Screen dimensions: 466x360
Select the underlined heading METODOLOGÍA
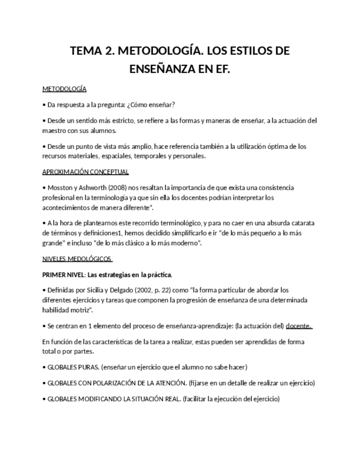coord(64,89)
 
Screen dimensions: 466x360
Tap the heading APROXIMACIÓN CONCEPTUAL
coord(85,172)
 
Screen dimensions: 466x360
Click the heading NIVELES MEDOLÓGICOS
coord(76,259)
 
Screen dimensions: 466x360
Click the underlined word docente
coord(298,326)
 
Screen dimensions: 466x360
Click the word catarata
coord(302,223)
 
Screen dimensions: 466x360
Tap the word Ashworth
coord(90,188)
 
